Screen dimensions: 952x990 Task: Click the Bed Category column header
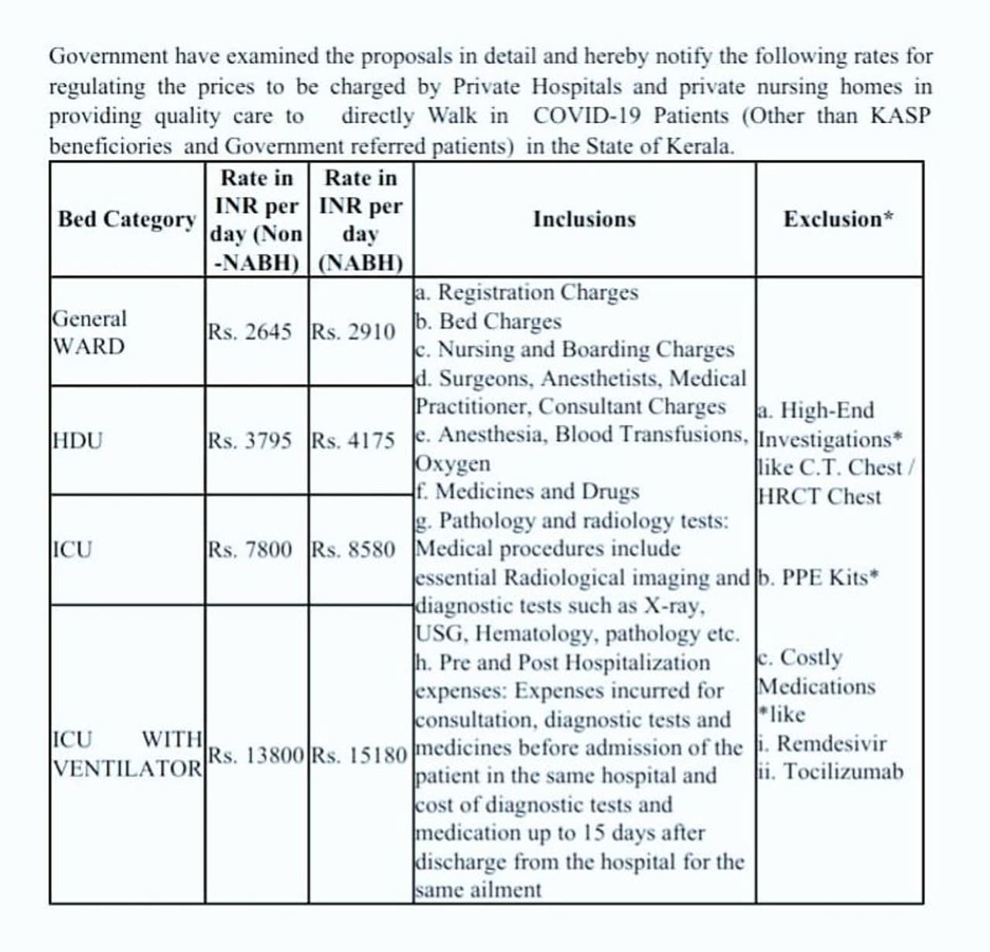(x=127, y=220)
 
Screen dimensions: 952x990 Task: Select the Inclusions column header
(x=584, y=220)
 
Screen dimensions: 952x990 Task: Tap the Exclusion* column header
(x=838, y=220)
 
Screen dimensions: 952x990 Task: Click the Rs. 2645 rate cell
(x=250, y=332)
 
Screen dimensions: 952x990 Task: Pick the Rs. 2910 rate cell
(x=353, y=332)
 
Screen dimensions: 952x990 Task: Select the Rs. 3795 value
(x=250, y=441)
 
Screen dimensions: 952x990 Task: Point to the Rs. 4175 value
(x=353, y=441)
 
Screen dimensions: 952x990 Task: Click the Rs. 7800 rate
(x=250, y=550)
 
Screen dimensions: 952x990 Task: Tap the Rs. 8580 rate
(x=353, y=550)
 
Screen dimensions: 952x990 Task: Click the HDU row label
(x=77, y=441)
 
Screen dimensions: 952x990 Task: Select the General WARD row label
(x=89, y=332)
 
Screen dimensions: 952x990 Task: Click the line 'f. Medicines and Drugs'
(x=527, y=491)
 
